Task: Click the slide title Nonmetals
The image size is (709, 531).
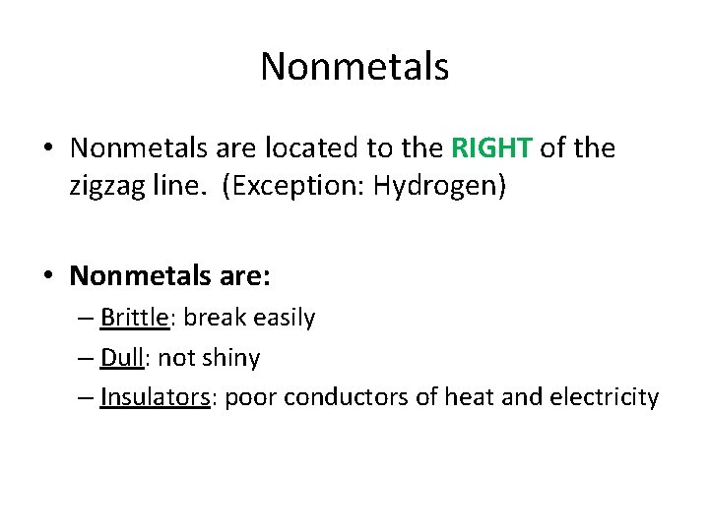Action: tap(354, 67)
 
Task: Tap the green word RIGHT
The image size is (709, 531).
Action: tap(491, 148)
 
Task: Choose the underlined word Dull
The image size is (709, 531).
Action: tap(122, 358)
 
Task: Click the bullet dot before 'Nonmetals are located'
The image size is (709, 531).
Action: tap(47, 149)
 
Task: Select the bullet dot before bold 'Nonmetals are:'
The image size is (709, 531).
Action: tap(47, 276)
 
